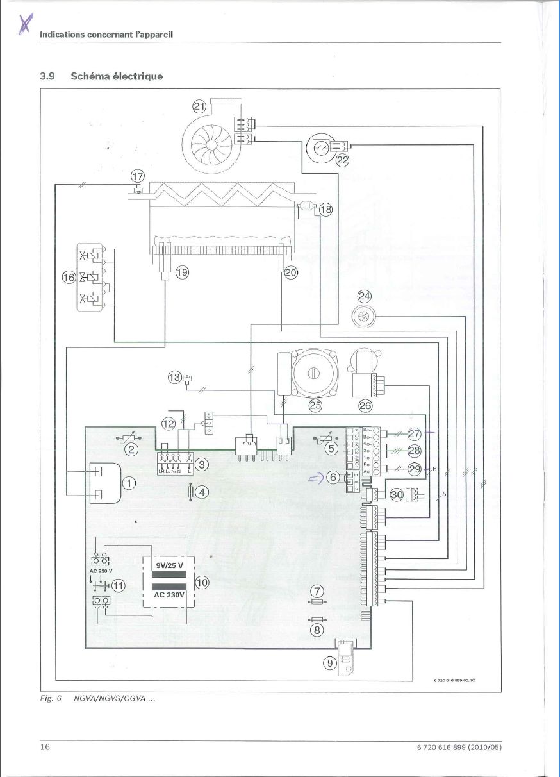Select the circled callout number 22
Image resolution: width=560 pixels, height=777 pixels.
tap(343, 161)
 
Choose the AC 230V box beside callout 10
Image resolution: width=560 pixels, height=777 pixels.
tap(169, 594)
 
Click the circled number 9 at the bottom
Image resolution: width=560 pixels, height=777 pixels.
tap(329, 664)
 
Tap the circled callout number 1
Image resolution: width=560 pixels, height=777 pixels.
tap(128, 483)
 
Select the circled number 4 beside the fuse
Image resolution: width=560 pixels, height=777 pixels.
tap(202, 492)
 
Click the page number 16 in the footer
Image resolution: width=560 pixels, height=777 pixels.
tap(45, 747)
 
